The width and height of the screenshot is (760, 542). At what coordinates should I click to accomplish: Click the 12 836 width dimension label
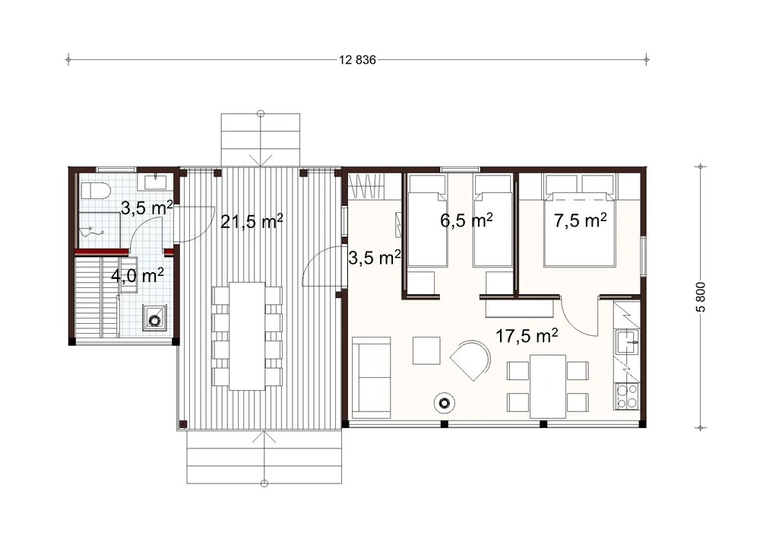(x=357, y=59)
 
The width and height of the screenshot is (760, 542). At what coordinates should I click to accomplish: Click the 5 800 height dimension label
(x=702, y=297)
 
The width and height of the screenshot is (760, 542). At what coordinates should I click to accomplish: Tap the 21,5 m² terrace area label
(x=252, y=221)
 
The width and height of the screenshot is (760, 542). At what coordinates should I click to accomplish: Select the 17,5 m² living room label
(x=527, y=335)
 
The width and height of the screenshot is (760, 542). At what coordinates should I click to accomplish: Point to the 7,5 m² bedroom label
(x=580, y=220)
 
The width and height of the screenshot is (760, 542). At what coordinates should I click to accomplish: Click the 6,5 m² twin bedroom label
(x=467, y=220)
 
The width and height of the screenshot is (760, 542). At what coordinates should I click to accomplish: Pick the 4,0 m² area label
(x=137, y=275)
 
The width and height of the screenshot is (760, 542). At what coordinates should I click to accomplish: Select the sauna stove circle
(x=154, y=320)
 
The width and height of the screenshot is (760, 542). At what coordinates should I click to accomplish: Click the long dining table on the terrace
(x=247, y=336)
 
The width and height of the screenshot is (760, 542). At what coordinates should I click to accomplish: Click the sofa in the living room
(x=371, y=377)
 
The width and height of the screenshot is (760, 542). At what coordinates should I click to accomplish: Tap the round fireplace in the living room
(x=444, y=402)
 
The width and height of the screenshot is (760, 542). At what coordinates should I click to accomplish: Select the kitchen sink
(x=627, y=342)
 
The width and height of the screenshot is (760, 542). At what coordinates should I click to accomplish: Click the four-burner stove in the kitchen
(x=628, y=396)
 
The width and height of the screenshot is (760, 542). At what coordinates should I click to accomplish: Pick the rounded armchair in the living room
(x=470, y=360)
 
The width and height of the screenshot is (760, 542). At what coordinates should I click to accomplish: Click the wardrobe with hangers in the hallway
(x=367, y=186)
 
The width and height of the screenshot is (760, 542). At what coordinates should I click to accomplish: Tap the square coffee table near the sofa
(x=426, y=350)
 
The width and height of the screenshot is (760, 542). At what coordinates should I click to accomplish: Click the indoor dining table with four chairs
(x=548, y=386)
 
